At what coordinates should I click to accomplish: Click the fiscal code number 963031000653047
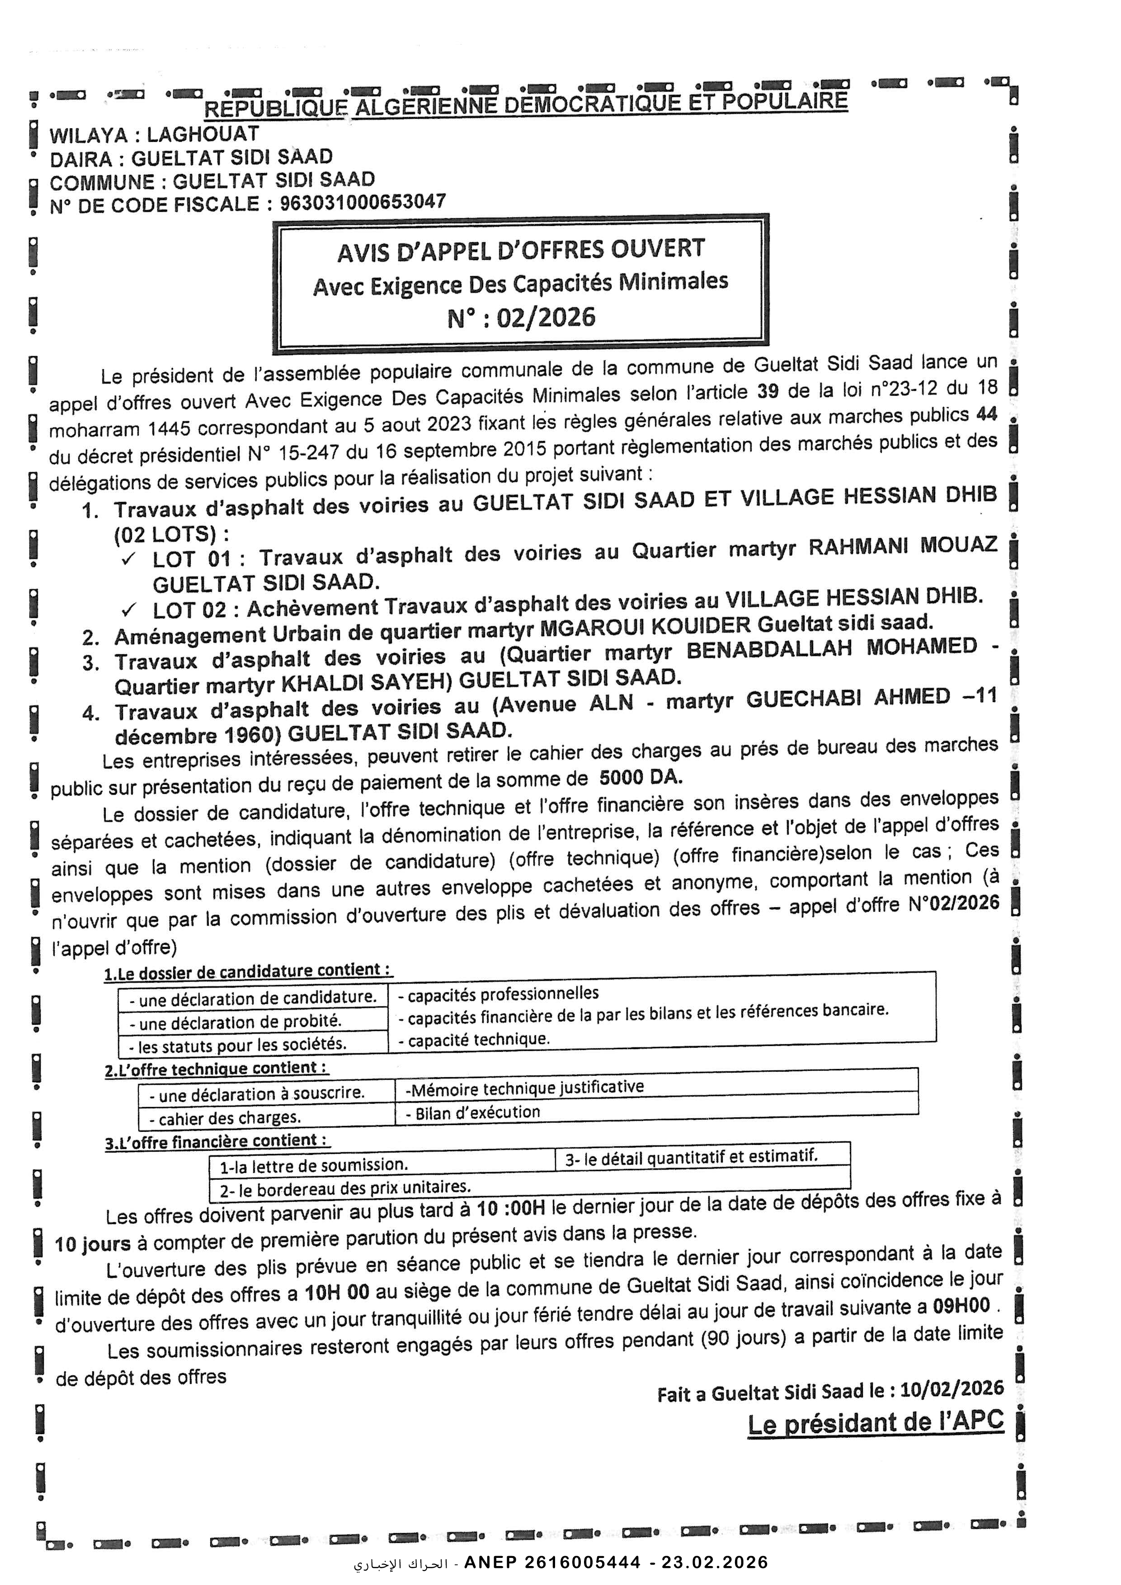362,202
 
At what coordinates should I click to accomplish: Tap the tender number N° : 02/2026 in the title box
521,317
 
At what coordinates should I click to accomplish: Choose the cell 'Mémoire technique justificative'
525,1087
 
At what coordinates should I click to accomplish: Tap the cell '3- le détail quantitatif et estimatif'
691,1157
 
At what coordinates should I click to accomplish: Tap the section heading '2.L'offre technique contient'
216,1069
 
